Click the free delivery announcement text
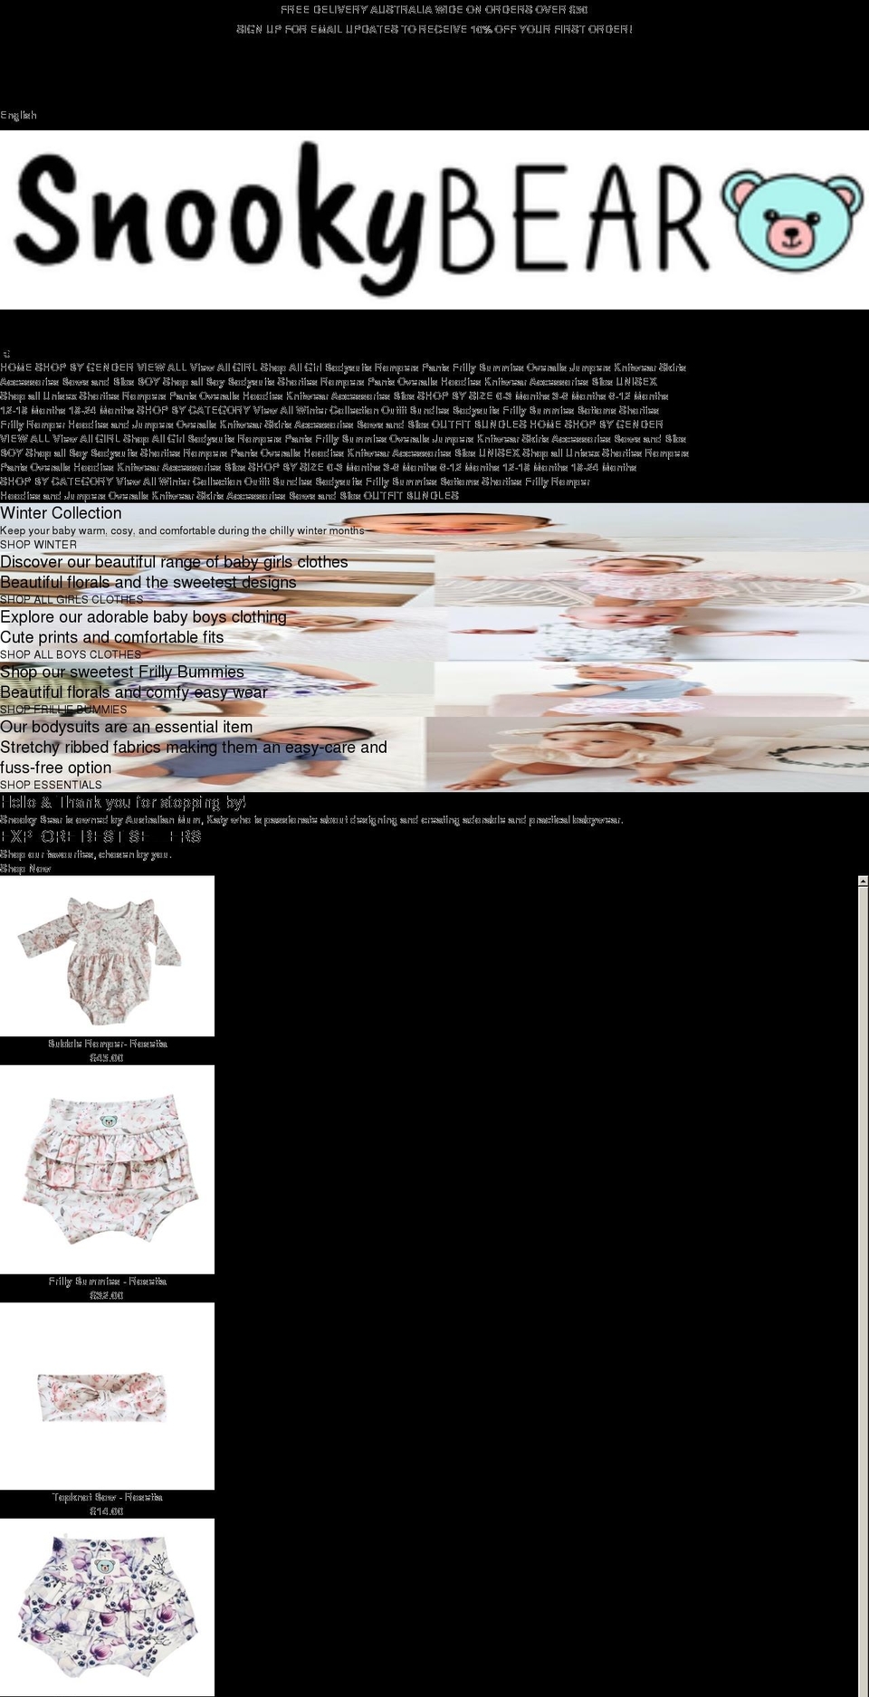pos(434,10)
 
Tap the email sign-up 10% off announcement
pos(434,29)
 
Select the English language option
pos(19,115)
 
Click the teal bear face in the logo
pos(797,220)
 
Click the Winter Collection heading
pos(61,513)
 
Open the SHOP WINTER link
pos(38,545)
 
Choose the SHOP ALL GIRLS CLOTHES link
pos(72,599)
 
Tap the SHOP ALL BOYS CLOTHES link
pos(71,654)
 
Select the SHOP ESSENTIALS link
pos(51,785)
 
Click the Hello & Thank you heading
pos(123,803)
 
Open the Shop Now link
pos(25,869)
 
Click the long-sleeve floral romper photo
pos(107,955)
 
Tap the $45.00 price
pos(107,1058)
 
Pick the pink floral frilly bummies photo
pos(107,1168)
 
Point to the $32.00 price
pos(107,1296)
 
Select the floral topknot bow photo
pos(107,1397)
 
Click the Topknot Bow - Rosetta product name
pos(107,1497)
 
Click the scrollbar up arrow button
pos(863,881)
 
